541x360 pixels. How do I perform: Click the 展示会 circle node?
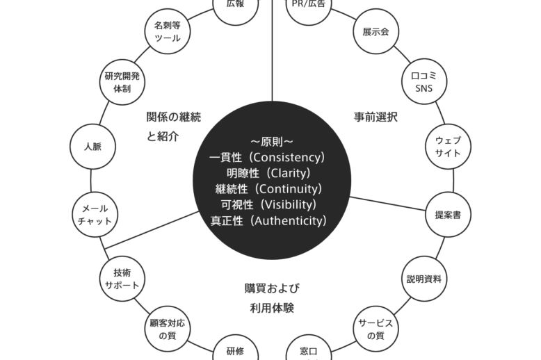click(x=376, y=32)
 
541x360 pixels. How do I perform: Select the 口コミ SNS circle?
click(x=424, y=82)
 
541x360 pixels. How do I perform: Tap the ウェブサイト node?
click(x=448, y=147)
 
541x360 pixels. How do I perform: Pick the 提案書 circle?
click(x=448, y=215)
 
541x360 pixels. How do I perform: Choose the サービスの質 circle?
click(x=376, y=329)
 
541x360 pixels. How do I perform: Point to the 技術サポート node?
click(x=122, y=279)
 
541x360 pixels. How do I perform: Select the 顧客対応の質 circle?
click(x=167, y=329)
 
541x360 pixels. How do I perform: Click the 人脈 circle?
click(x=92, y=147)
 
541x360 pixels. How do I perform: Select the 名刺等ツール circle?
click(x=167, y=32)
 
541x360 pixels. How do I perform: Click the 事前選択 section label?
click(x=376, y=117)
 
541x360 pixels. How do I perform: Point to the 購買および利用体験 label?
click(x=269, y=297)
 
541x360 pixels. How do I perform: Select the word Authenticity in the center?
click(x=287, y=221)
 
